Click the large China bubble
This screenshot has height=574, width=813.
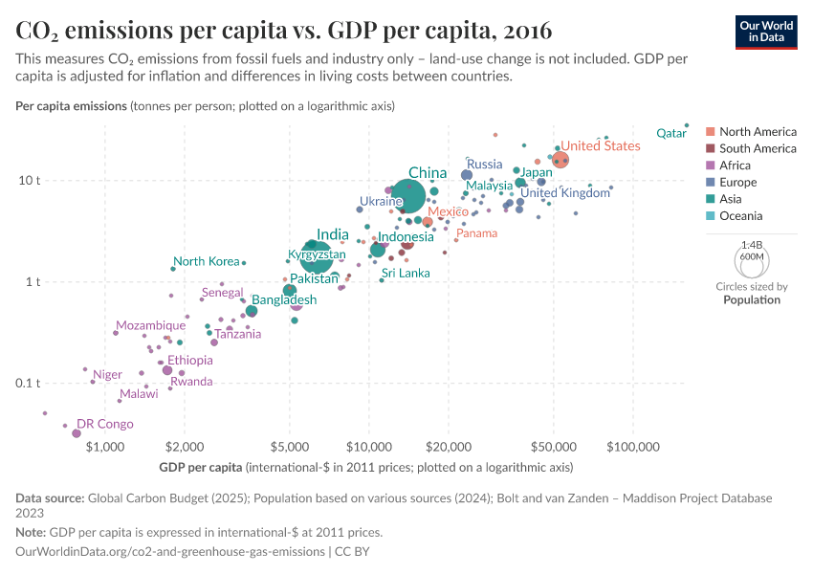407,197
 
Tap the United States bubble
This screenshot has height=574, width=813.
560,160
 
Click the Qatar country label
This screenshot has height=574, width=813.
671,134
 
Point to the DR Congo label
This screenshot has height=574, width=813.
104,424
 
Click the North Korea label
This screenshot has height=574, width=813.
206,261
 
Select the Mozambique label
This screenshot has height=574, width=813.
150,325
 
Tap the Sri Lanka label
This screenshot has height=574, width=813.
406,273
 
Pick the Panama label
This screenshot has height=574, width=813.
476,232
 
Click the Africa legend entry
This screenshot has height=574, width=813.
735,166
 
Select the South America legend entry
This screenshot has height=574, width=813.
758,148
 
